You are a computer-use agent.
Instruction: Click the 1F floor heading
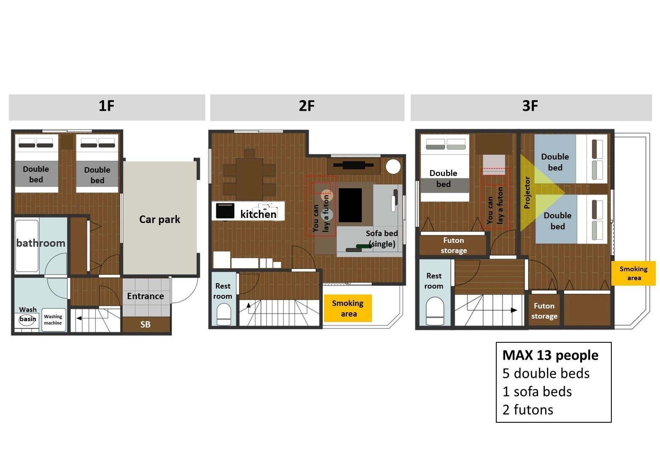point(106,106)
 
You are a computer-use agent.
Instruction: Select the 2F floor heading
point(307,106)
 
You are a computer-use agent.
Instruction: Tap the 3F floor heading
point(530,106)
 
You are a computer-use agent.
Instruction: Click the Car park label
point(159,220)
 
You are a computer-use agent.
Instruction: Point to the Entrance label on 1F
point(146,296)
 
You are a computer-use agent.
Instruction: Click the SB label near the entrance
point(145,325)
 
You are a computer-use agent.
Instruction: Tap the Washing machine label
point(53,320)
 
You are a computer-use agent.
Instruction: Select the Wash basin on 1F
point(27,319)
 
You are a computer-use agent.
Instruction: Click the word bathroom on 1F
point(41,243)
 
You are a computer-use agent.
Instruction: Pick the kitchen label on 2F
point(258,214)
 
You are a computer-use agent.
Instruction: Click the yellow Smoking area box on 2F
point(348,308)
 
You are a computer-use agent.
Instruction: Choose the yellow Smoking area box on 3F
point(634,273)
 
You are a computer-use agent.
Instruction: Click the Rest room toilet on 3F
point(435,311)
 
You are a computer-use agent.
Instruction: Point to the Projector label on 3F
point(527,193)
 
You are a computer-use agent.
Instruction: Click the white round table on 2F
point(393,166)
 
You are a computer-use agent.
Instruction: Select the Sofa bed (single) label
point(382,238)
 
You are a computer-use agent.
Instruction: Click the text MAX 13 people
point(550,355)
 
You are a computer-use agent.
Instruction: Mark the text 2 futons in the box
point(528,410)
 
